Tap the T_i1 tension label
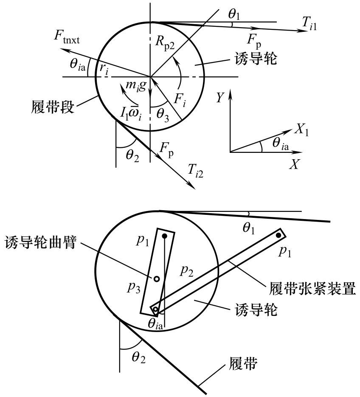pos(308,26)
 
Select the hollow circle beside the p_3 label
pos(156,279)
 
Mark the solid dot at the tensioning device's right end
pos(278,234)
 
